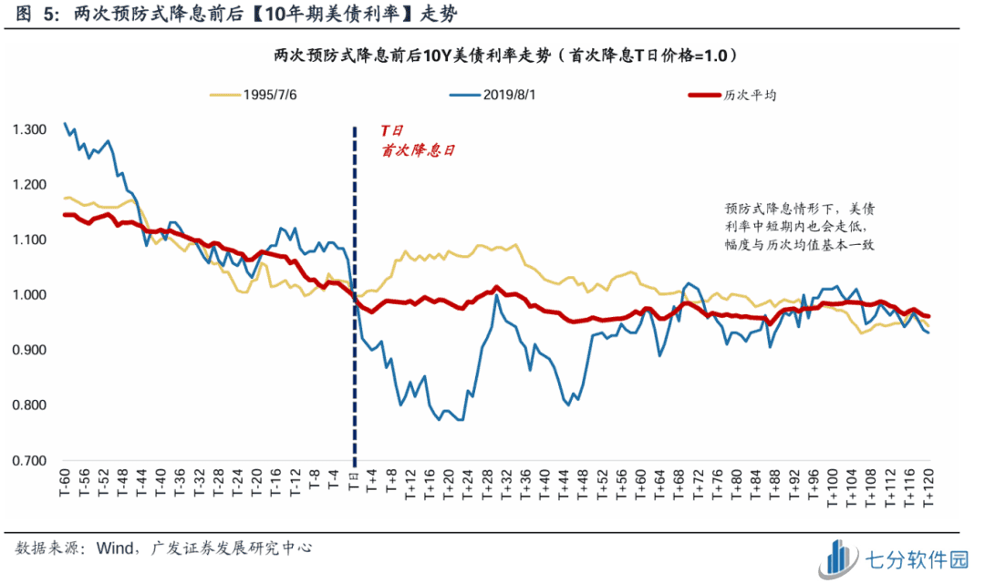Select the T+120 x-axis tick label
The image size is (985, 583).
928,493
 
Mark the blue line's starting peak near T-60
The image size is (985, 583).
65,123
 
